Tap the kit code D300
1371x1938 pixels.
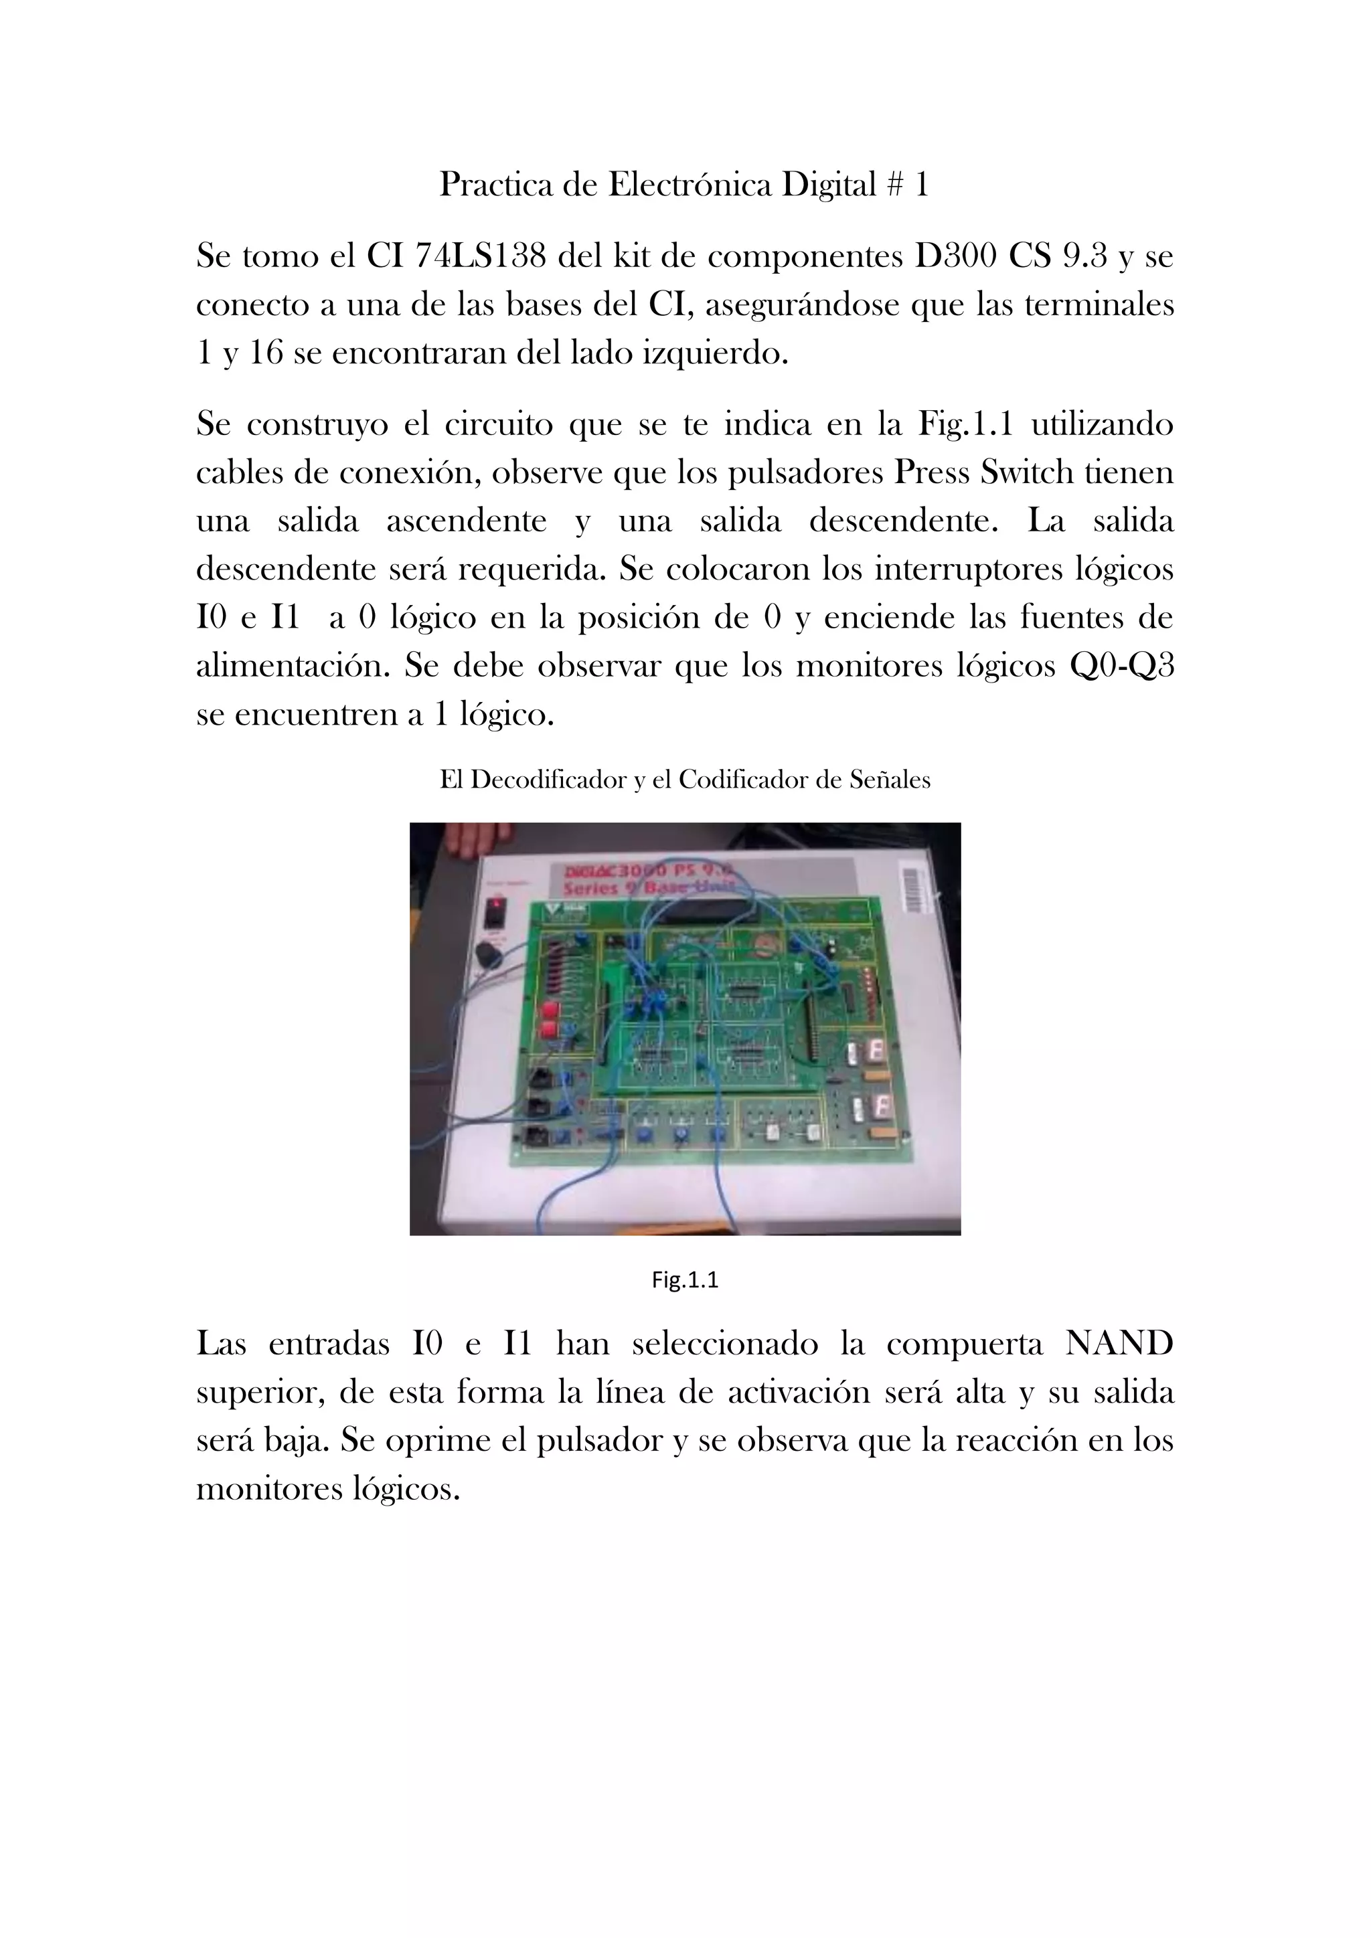[956, 256]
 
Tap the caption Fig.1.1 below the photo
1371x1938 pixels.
[685, 1280]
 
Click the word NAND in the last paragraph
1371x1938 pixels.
[1119, 1343]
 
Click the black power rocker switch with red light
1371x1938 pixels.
[497, 912]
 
